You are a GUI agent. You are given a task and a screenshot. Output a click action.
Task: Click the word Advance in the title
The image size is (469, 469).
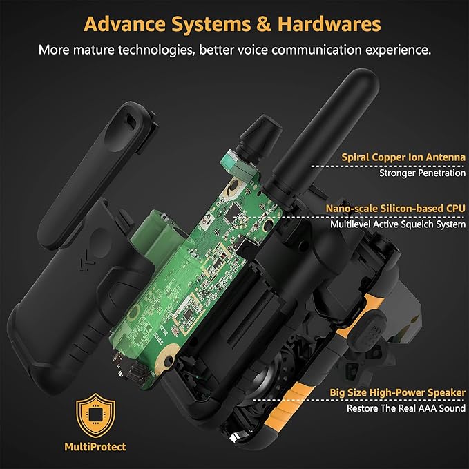tap(124, 23)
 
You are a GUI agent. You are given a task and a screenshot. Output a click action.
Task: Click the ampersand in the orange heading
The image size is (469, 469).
tap(264, 24)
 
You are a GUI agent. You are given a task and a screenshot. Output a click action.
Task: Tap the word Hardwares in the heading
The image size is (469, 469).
tap(329, 23)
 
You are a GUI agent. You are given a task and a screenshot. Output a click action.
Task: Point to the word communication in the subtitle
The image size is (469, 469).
tap(317, 50)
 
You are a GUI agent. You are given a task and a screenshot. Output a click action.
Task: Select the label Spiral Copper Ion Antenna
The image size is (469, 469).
tap(403, 157)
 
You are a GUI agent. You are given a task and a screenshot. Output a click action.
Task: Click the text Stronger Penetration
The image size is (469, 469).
tap(422, 173)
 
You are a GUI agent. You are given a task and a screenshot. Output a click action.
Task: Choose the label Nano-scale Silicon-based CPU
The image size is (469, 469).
tap(395, 208)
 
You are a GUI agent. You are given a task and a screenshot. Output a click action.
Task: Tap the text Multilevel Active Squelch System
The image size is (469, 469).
tap(398, 224)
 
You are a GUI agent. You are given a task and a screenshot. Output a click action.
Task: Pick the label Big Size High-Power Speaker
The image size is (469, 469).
tap(398, 392)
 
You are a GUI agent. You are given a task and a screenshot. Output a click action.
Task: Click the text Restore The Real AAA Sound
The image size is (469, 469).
tap(406, 408)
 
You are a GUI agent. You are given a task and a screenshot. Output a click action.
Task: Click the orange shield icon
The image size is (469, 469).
tap(95, 415)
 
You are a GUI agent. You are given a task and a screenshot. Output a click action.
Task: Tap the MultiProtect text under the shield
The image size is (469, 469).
tap(95, 447)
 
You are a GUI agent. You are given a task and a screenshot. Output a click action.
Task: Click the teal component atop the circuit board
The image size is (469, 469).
tap(236, 166)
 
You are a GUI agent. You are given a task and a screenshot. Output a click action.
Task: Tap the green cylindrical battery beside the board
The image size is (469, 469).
tap(155, 236)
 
